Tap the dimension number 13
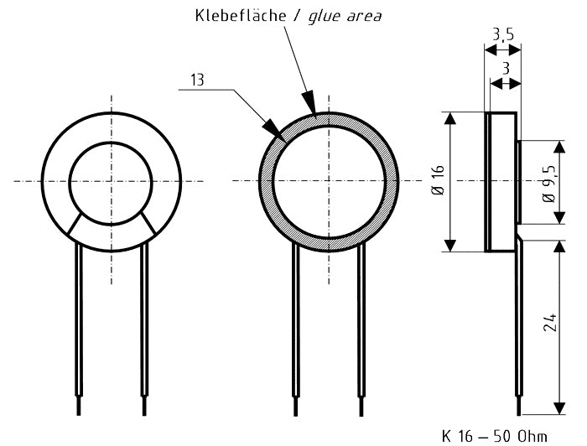[197, 80]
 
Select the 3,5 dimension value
[503, 34]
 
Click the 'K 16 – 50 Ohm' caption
[494, 436]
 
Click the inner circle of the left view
[111, 182]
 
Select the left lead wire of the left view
[79, 327]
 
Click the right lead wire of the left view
[144, 327]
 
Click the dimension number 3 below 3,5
[506, 68]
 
